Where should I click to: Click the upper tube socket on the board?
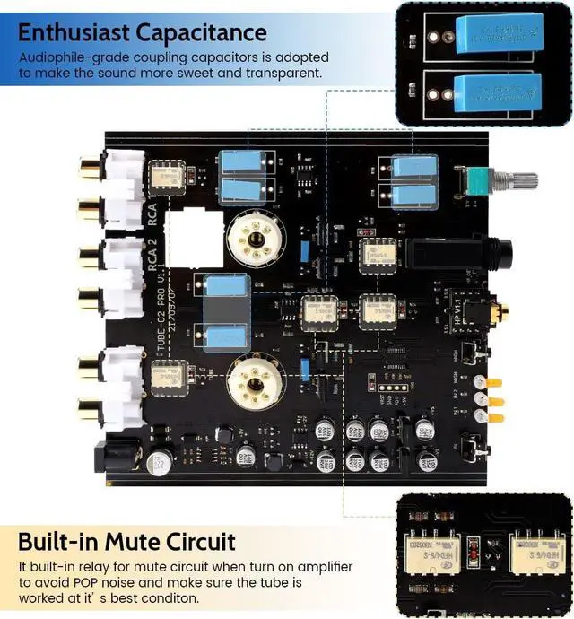tap(254, 237)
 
